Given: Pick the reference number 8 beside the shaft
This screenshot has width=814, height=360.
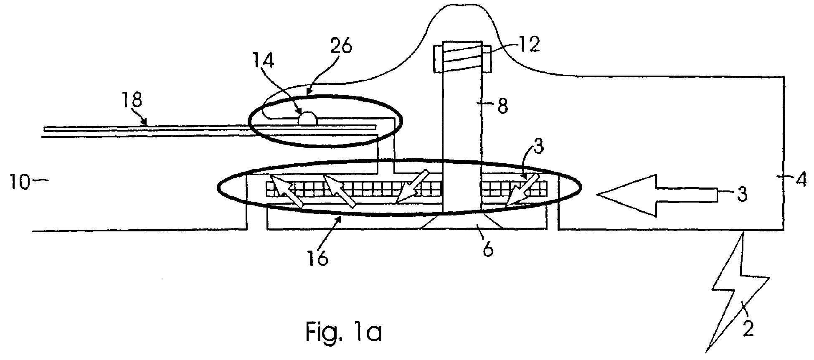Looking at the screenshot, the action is coord(502,106).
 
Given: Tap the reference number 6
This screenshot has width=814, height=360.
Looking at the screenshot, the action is coord(488,249).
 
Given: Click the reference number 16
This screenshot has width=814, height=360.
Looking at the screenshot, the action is coord(318,258).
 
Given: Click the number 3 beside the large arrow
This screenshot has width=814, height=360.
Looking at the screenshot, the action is coord(742,195).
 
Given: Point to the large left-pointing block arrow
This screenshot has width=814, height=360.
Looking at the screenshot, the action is coord(657,195).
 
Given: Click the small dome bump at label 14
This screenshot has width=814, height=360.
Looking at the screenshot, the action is coord(308,118).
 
